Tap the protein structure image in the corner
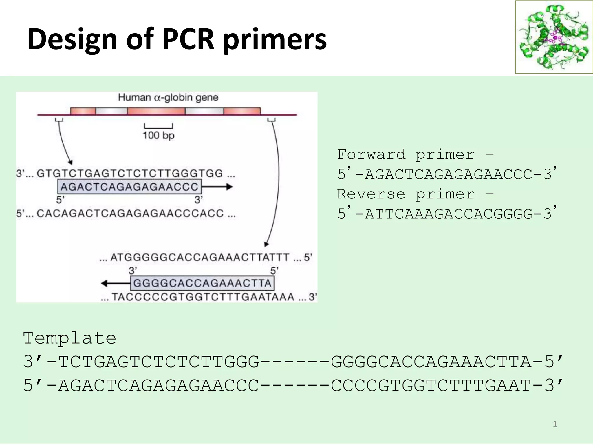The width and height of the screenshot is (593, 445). (554, 37)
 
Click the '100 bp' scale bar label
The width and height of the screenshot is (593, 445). (158, 135)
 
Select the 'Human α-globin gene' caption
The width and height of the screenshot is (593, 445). (168, 97)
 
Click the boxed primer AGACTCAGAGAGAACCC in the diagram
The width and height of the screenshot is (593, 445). (129, 187)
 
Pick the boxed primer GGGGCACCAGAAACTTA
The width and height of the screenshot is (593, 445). (202, 283)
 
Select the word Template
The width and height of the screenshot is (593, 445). (69, 338)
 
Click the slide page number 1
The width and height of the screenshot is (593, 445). (555, 424)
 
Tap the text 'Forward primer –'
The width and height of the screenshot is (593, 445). (416, 154)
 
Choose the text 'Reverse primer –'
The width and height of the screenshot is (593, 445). (416, 194)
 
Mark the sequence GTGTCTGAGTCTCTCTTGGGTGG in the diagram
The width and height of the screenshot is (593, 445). (130, 173)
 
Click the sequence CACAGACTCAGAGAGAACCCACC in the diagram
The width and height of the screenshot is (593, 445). (130, 214)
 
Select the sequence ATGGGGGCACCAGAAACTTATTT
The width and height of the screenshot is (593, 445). (200, 257)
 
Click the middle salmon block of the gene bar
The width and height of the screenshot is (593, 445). (156, 111)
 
